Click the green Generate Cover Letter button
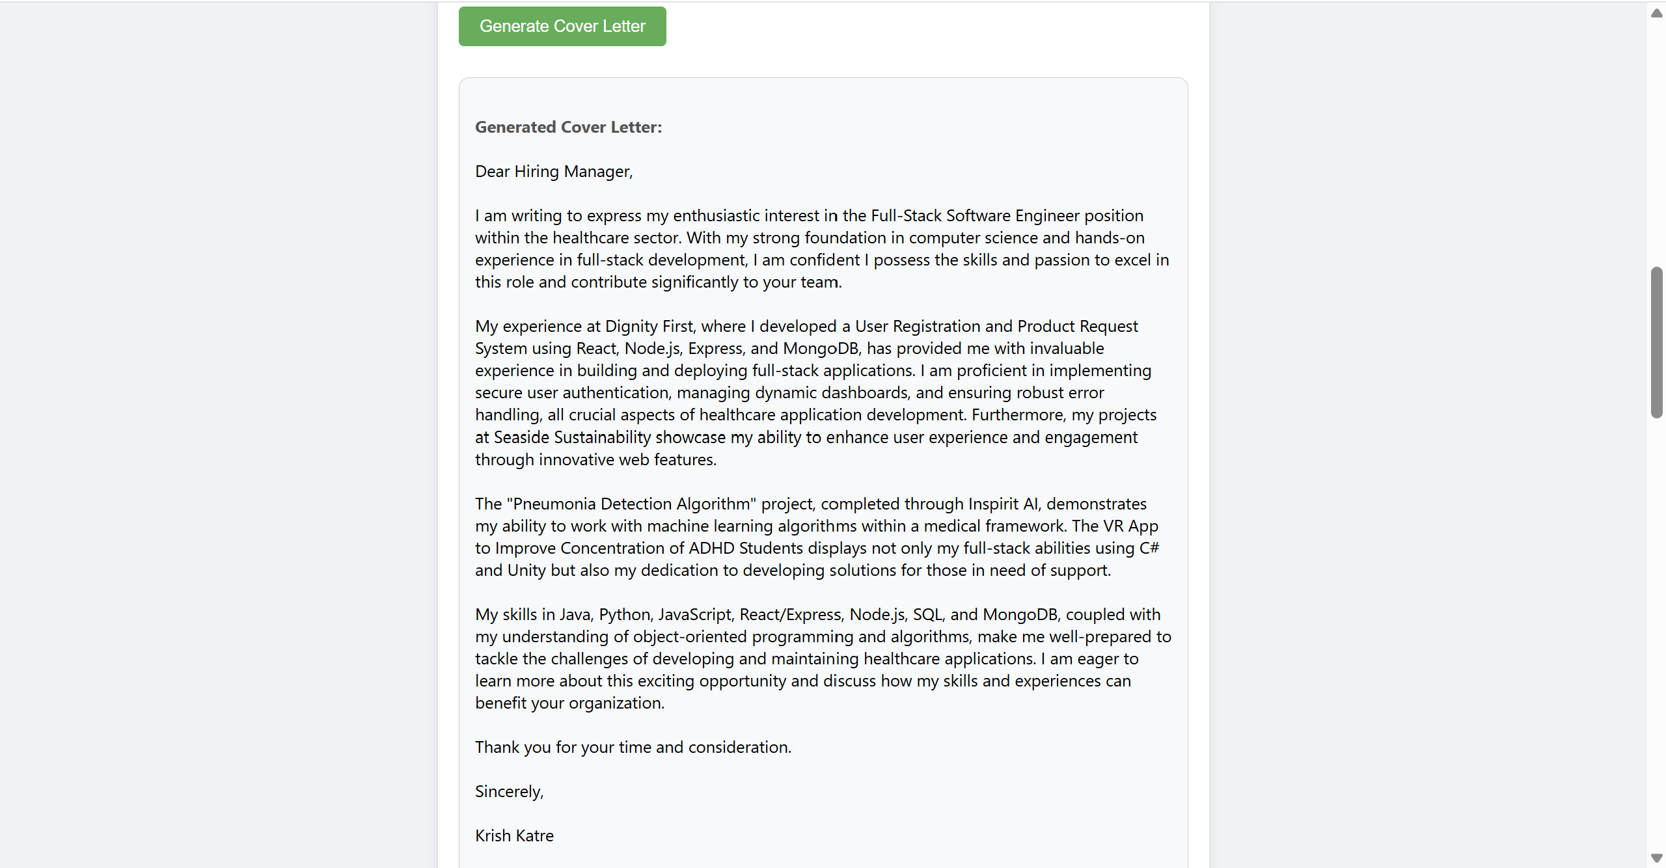562,26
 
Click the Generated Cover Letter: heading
568,127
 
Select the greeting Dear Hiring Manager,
554,171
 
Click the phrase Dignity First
649,326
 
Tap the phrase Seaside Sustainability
572,437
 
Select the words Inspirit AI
1003,504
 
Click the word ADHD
711,548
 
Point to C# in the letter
1149,548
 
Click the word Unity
526,570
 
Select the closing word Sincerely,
509,791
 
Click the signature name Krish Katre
514,835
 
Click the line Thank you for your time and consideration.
633,747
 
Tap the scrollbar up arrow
1656,13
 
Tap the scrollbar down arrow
1656,858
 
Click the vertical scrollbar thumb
1656,342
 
